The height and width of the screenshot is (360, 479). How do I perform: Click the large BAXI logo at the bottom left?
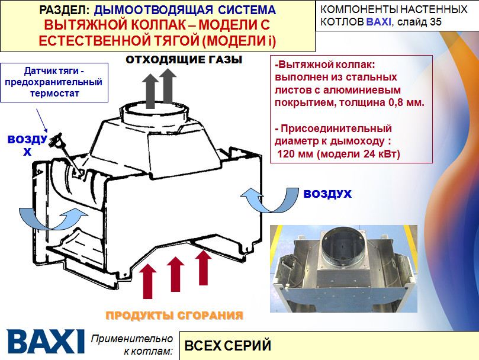46,342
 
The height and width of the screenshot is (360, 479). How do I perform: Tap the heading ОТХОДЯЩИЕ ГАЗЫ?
184,60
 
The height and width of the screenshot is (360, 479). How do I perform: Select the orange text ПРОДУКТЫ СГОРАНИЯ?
175,316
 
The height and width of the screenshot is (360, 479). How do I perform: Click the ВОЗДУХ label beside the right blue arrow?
327,194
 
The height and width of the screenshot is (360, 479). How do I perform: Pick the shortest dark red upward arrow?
203,268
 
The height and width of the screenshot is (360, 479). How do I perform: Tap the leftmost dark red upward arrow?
148,281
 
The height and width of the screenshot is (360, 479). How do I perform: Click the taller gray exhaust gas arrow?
168,86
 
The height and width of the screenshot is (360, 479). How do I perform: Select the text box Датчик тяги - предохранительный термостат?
54,82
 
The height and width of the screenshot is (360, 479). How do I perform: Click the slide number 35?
435,22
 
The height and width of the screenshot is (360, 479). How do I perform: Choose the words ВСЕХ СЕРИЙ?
228,345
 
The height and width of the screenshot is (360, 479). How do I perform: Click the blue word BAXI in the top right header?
378,22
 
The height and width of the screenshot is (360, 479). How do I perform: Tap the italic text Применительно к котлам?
132,345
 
